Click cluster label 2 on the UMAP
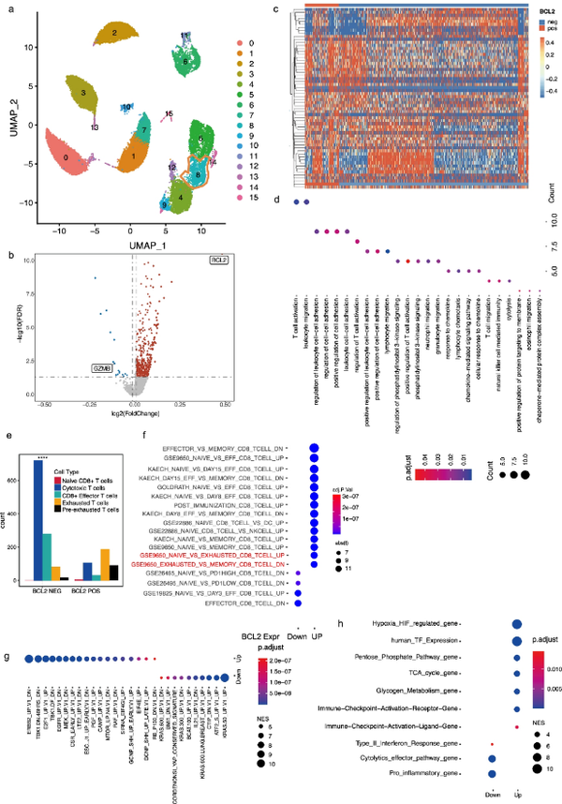[x=113, y=33]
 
